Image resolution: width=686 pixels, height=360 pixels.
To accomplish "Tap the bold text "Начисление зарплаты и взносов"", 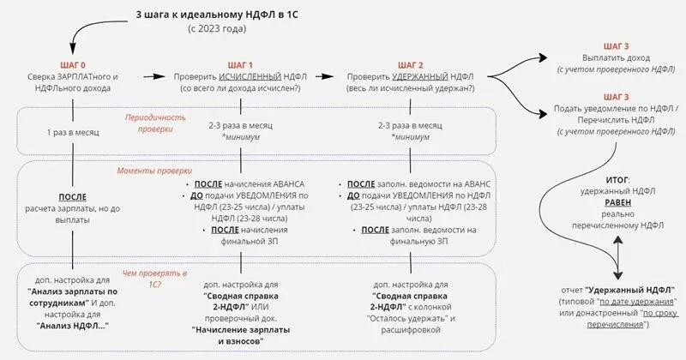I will click(x=239, y=334).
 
